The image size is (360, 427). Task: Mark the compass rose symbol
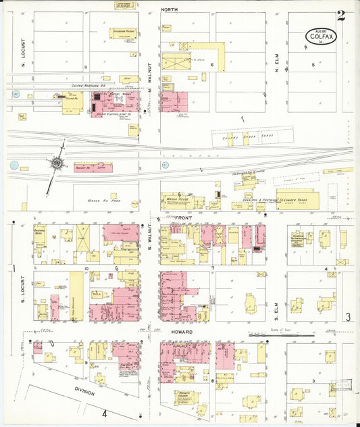pyautogui.click(x=57, y=163)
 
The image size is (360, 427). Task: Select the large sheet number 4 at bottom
pyautogui.click(x=105, y=413)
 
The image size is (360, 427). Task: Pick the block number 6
pyautogui.click(x=212, y=66)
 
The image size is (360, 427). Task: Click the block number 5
pyautogui.click(x=313, y=64)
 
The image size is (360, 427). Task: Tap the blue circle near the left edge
pyautogui.click(x=14, y=164)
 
